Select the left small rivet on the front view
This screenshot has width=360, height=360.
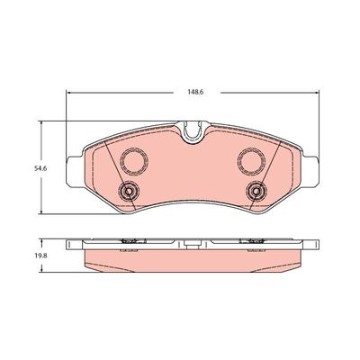tap(128, 191)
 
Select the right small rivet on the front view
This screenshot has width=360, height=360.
tap(256, 191)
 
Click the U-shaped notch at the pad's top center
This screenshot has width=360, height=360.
tap(192, 133)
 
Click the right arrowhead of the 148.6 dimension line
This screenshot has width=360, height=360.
tap(314, 91)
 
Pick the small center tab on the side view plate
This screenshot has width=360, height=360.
tap(192, 240)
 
